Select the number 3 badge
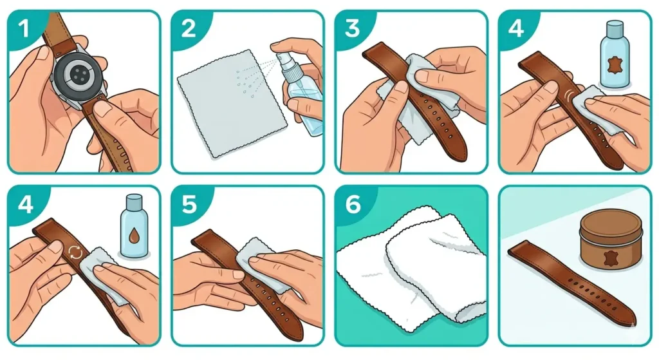(x=352, y=28)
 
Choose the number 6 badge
(x=352, y=204)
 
